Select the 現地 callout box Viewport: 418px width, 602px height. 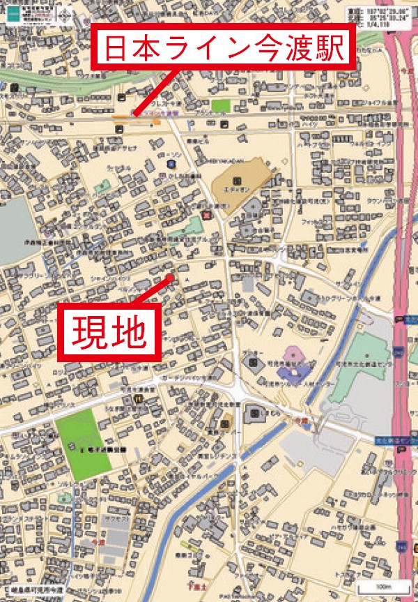pyautogui.click(x=109, y=333)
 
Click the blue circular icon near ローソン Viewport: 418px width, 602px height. pyautogui.click(x=171, y=164)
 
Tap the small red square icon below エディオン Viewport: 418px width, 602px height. pyautogui.click(x=206, y=214)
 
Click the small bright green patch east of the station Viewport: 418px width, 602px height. pyautogui.click(x=221, y=106)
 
